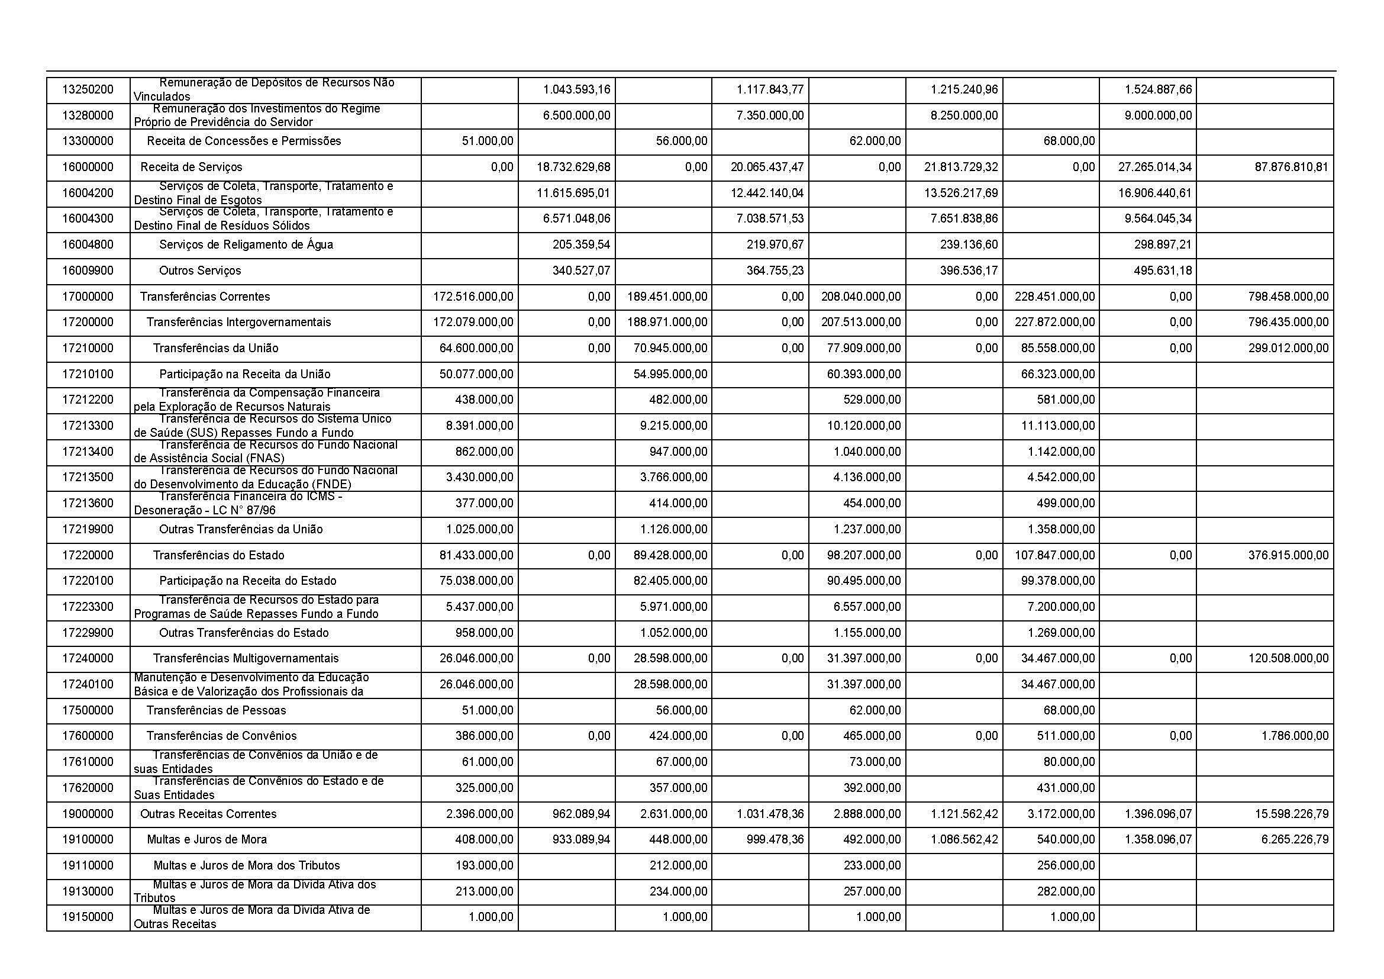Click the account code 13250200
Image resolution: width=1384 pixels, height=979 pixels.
pyautogui.click(x=88, y=90)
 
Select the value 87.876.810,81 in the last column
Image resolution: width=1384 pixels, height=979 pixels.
pyautogui.click(x=1291, y=167)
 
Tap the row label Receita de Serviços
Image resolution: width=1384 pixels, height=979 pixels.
pyautogui.click(x=191, y=167)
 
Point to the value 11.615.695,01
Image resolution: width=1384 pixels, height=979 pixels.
pyautogui.click(x=573, y=193)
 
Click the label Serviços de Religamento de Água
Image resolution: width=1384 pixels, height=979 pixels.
pyautogui.click(x=246, y=245)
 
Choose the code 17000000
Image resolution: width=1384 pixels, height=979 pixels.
pyautogui.click(x=88, y=297)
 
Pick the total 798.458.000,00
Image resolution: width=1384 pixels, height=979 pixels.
pyautogui.click(x=1288, y=297)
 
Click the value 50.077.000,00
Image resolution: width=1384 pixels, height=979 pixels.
pyautogui.click(x=476, y=373)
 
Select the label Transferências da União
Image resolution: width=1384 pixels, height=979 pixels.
pyautogui.click(x=215, y=348)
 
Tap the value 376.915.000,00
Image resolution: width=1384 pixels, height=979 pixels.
pyautogui.click(x=1288, y=555)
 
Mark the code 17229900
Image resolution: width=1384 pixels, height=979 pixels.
pyautogui.click(x=88, y=633)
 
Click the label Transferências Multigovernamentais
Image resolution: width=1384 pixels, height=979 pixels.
pyautogui.click(x=246, y=658)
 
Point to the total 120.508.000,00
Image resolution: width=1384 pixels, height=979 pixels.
pyautogui.click(x=1288, y=658)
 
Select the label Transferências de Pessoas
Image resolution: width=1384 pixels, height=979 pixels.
pyautogui.click(x=216, y=710)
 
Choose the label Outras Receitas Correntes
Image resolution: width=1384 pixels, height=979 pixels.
pyautogui.click(x=208, y=814)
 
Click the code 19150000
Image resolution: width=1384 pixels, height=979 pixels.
pyautogui.click(x=88, y=917)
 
